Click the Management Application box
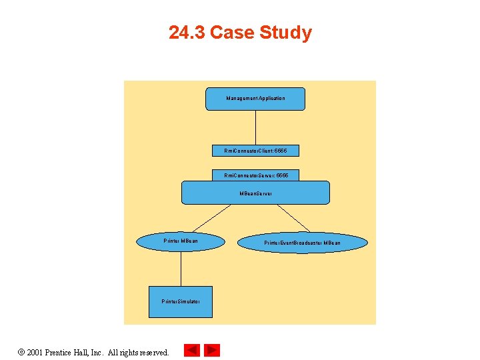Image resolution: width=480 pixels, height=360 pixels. [x=255, y=99]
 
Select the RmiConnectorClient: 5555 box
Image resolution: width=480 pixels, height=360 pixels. [x=255, y=151]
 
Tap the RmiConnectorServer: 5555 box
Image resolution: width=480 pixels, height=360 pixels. [x=256, y=175]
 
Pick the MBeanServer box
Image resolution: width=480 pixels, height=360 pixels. [x=256, y=193]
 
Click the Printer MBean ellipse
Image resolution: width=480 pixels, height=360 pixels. [x=181, y=241]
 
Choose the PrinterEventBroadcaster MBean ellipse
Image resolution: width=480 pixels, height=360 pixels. [x=302, y=243]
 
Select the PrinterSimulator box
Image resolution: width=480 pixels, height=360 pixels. [x=181, y=301]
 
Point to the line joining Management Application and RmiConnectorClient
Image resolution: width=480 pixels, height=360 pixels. [x=255, y=127]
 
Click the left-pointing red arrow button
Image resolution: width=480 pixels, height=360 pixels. [x=191, y=350]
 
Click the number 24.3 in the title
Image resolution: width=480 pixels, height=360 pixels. [x=187, y=33]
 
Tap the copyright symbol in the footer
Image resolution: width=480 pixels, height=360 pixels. [x=22, y=352]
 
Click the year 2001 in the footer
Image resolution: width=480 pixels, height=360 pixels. [x=36, y=352]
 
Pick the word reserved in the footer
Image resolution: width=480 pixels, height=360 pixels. [x=153, y=352]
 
